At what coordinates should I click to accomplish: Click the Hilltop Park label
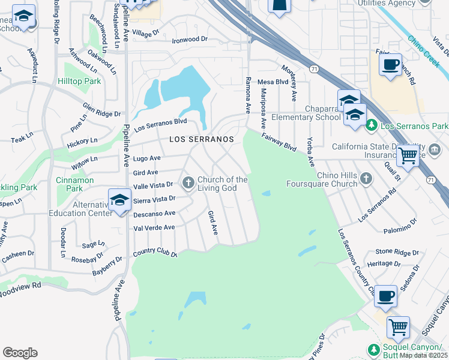[x=79, y=81]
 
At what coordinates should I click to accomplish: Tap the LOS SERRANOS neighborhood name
[x=201, y=139]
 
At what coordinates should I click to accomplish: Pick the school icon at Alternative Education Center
[x=119, y=200]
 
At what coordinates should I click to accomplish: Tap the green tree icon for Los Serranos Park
[x=372, y=125]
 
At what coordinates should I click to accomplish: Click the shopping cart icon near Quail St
[x=408, y=157]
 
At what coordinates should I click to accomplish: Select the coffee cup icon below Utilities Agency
[x=391, y=64]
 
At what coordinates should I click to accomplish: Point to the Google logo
[x=20, y=353]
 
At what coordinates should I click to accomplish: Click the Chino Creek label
[x=423, y=50]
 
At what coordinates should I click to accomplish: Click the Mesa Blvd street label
[x=273, y=82]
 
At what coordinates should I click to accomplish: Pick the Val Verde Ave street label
[x=154, y=227]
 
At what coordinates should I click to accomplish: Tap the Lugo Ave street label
[x=146, y=158]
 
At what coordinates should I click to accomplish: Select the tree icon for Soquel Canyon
[x=374, y=349]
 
